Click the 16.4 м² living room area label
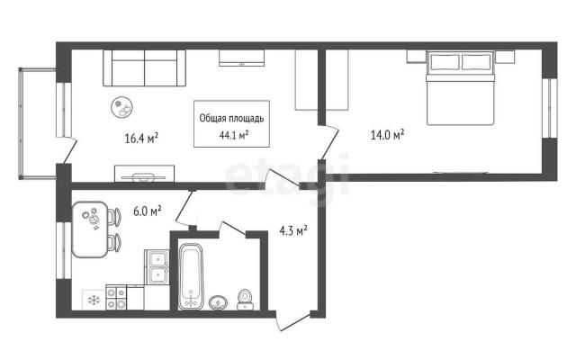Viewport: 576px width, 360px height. pyautogui.click(x=141, y=139)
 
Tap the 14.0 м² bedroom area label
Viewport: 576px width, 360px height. pyautogui.click(x=388, y=135)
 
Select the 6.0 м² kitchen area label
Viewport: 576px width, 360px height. pyautogui.click(x=148, y=211)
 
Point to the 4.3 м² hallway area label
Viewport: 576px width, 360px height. pyautogui.click(x=293, y=230)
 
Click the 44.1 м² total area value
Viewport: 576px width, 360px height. pyautogui.click(x=234, y=135)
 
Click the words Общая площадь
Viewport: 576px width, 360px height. pyautogui.click(x=231, y=118)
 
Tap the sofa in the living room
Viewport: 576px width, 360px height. pyautogui.click(x=144, y=68)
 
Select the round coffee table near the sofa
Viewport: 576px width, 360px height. pyautogui.click(x=122, y=107)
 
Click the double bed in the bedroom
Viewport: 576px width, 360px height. pyautogui.click(x=460, y=88)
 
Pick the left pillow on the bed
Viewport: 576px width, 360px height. pyautogui.click(x=445, y=62)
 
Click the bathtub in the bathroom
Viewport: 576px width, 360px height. pyautogui.click(x=191, y=276)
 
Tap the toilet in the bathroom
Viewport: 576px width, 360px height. pyautogui.click(x=245, y=300)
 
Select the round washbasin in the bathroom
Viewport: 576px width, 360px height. pyautogui.click(x=218, y=302)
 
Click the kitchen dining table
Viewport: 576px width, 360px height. pyautogui.click(x=90, y=229)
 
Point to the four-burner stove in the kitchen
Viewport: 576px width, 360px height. pyautogui.click(x=116, y=298)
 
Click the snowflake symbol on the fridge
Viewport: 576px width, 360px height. pyautogui.click(x=94, y=300)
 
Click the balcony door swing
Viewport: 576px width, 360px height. pyautogui.click(x=68, y=150)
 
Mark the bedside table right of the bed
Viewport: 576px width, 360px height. pyautogui.click(x=505, y=57)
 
